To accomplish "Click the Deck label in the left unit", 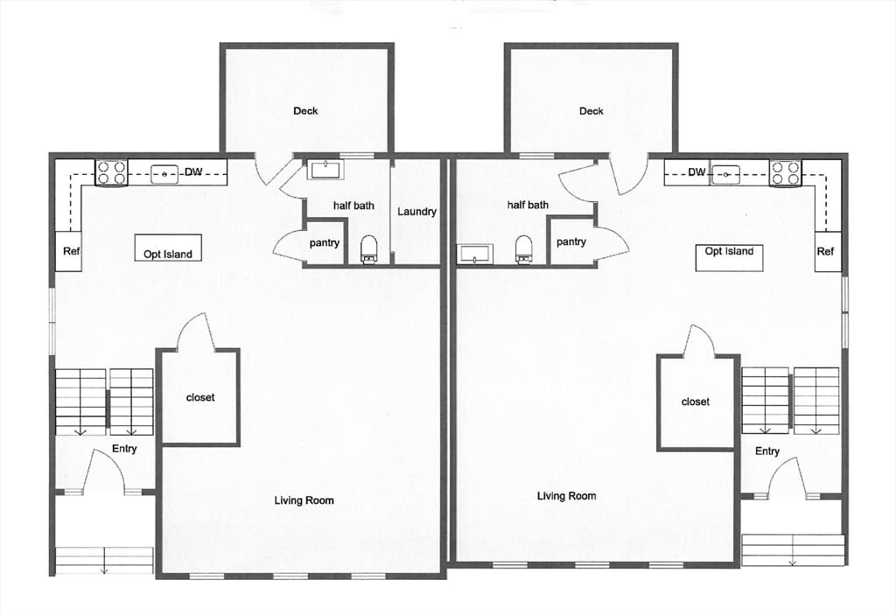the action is pyautogui.click(x=305, y=111).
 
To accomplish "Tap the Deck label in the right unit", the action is pyautogui.click(x=591, y=111).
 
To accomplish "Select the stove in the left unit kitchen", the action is pyautogui.click(x=111, y=172).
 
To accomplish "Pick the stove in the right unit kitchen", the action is pyautogui.click(x=785, y=172).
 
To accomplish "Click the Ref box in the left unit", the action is pyautogui.click(x=68, y=251).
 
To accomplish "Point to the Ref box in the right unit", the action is pyautogui.click(x=828, y=251).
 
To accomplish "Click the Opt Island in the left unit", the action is pyautogui.click(x=168, y=248).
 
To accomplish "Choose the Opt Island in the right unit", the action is pyautogui.click(x=729, y=257).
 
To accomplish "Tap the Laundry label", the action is pyautogui.click(x=416, y=212).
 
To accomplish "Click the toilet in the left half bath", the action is pyautogui.click(x=369, y=249).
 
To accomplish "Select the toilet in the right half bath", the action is pyautogui.click(x=523, y=249).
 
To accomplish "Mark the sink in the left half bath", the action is pyautogui.click(x=325, y=170).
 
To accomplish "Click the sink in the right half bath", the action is pyautogui.click(x=475, y=255).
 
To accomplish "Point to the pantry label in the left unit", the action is pyautogui.click(x=324, y=243).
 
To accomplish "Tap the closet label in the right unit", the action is pyautogui.click(x=696, y=402).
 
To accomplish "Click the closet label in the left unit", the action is pyautogui.click(x=200, y=397).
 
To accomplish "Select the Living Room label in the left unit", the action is pyautogui.click(x=304, y=500).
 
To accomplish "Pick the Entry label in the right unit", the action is pyautogui.click(x=766, y=451).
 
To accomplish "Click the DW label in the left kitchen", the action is pyautogui.click(x=193, y=171).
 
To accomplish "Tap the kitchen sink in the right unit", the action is pyautogui.click(x=725, y=175).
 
